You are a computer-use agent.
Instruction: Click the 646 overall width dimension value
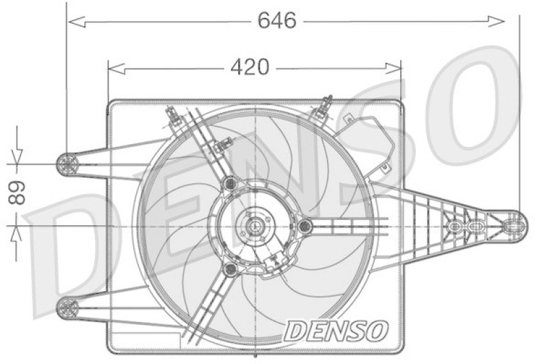pyautogui.click(x=277, y=21)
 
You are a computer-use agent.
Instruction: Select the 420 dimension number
pyautogui.click(x=250, y=67)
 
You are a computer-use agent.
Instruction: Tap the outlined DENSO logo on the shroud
pyautogui.click(x=336, y=330)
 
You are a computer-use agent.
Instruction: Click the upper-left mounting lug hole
pyautogui.click(x=66, y=163)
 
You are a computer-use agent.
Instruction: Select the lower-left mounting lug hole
pyautogui.click(x=66, y=309)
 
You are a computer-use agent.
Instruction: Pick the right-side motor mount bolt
pyautogui.click(x=306, y=225)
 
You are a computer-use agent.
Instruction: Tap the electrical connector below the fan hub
pyautogui.click(x=276, y=262)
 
